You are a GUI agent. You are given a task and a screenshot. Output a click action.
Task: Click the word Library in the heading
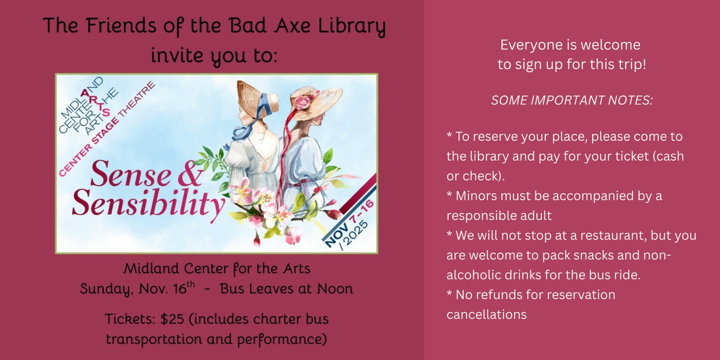pos(352,26)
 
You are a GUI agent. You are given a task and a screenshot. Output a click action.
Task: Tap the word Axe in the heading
pos(292,26)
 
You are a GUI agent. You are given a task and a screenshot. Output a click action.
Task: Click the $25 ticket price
pos(172,319)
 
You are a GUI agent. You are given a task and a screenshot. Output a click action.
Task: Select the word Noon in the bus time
pos(335,289)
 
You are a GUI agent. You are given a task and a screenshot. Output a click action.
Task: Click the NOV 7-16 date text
pos(349,223)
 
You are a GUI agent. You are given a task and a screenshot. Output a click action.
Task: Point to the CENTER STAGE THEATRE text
pos(107,129)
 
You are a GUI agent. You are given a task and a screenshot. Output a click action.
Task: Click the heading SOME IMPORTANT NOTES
pos(571,100)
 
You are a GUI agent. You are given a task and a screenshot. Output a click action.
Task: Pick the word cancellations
pos(486,315)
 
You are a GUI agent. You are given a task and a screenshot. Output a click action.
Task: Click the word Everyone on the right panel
pos(525,45)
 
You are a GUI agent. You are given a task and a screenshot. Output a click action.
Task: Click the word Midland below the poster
pos(151,269)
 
